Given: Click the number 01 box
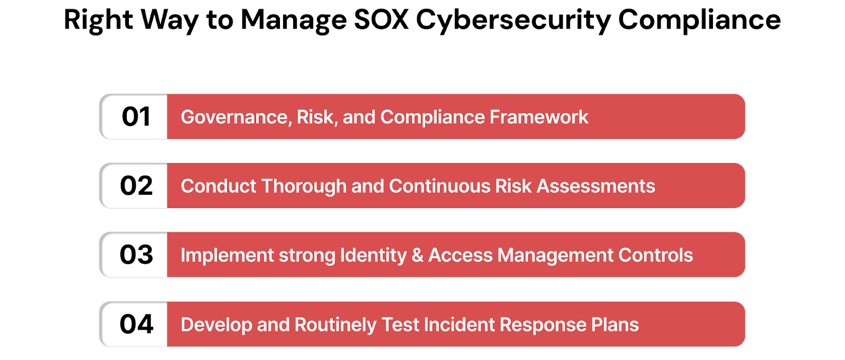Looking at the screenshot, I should [136, 117].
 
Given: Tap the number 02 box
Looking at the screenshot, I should [136, 186].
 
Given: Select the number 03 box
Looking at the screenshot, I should [136, 255].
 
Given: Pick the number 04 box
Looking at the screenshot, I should [136, 324].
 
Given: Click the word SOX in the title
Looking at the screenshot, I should [381, 20].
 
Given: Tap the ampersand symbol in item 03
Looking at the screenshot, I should [418, 255].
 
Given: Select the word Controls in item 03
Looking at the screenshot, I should [655, 255].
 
